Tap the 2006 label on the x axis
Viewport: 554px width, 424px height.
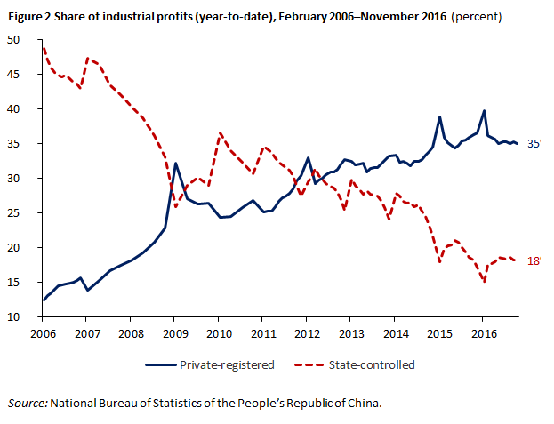(43, 333)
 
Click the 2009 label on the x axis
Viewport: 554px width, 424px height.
(174, 333)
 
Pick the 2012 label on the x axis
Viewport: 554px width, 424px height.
(306, 333)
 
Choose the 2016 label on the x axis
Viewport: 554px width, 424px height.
(482, 333)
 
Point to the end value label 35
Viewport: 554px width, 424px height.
(534, 144)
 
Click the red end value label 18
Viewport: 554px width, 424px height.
(534, 261)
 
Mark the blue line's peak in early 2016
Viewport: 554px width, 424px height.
(484, 111)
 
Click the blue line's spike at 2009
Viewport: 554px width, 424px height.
(176, 163)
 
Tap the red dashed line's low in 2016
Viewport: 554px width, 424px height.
(484, 282)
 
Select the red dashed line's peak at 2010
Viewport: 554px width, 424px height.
(220, 133)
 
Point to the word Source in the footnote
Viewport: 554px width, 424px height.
(28, 404)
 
